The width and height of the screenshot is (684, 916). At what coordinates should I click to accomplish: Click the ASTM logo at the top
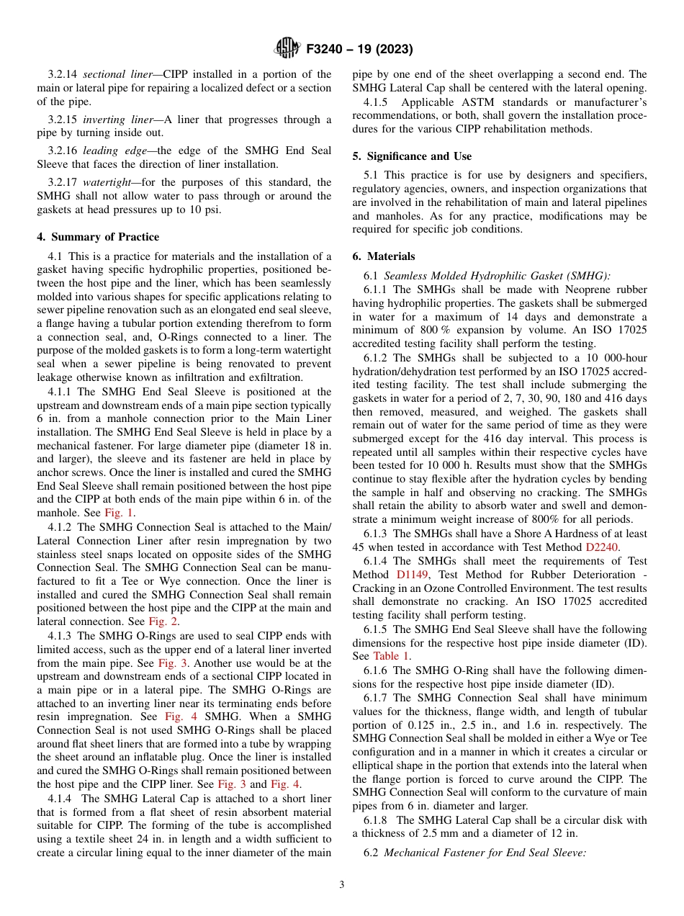click(x=287, y=49)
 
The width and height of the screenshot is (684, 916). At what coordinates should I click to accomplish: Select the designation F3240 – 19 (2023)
click(x=359, y=49)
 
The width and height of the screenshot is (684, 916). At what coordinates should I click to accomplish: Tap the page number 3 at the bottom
click(x=342, y=884)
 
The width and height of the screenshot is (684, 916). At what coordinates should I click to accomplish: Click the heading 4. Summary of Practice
click(x=98, y=237)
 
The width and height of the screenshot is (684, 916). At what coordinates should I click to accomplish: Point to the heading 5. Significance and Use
click(x=412, y=156)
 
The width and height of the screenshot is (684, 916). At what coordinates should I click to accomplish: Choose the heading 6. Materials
click(x=384, y=256)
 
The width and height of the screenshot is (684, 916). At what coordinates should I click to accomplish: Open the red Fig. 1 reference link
click(x=119, y=513)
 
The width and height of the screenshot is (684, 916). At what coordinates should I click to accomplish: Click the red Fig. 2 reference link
click(x=163, y=621)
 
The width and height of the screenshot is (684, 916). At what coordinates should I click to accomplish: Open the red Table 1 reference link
click(x=391, y=655)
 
